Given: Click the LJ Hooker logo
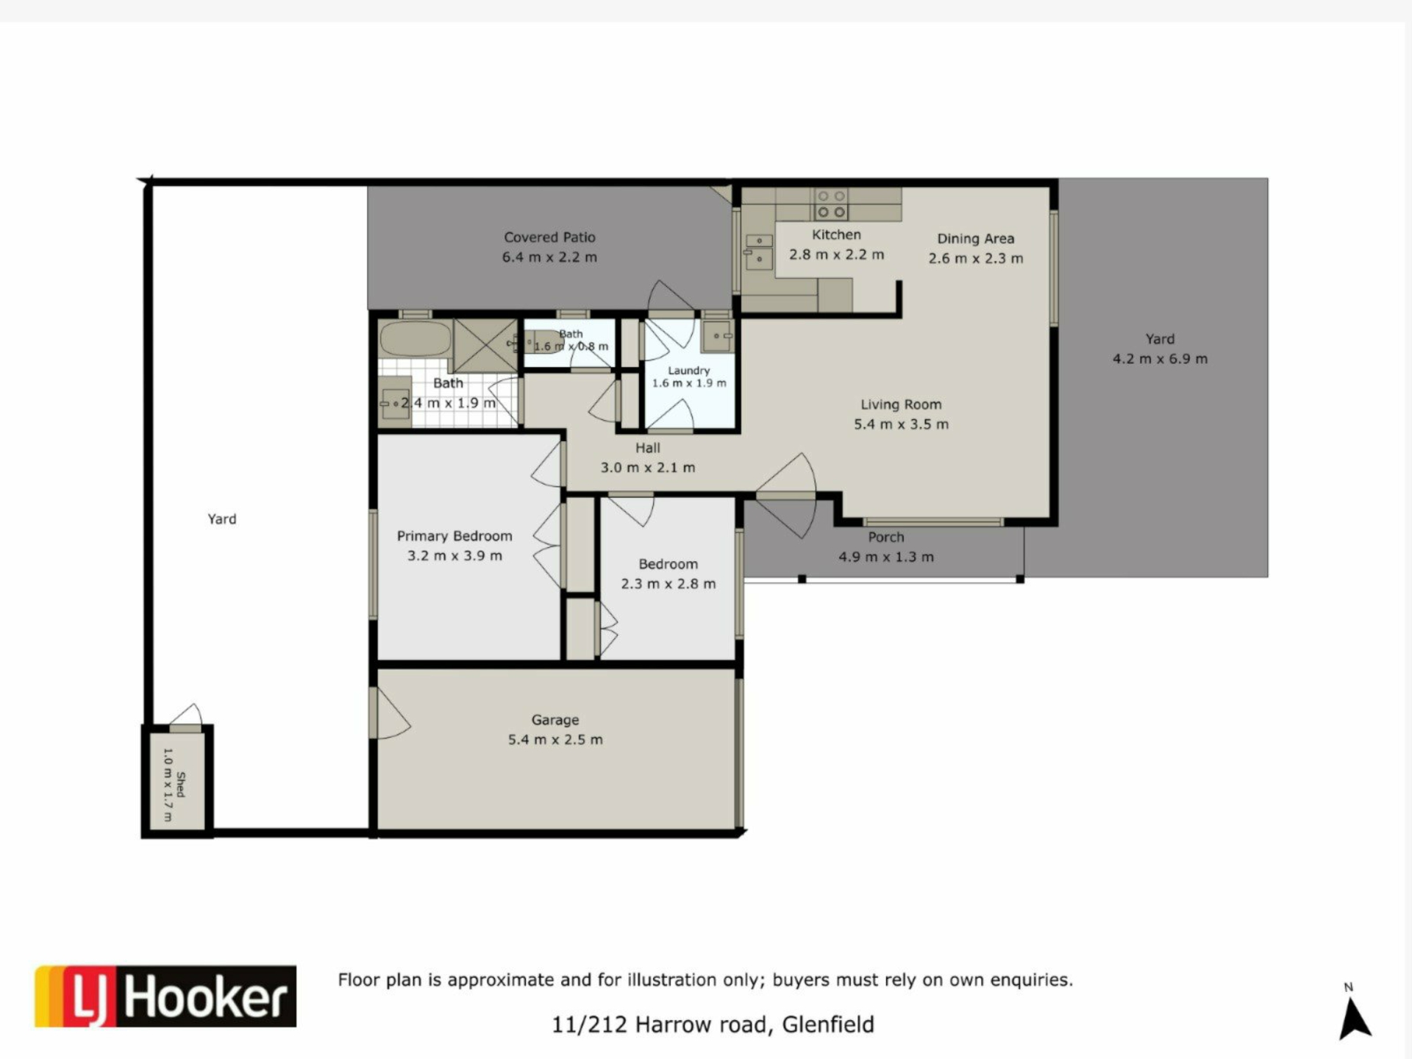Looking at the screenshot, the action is pos(165,996).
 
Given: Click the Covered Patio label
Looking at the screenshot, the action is pos(549,238).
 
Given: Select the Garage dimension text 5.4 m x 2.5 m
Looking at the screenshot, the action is pos(555,740).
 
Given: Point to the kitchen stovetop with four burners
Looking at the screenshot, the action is pos(831,204).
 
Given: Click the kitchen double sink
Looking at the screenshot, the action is pos(759,250).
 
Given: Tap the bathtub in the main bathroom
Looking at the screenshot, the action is pos(416,339).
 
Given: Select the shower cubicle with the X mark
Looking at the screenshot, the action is pos(485,346).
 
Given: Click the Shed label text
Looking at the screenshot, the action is pos(181,784).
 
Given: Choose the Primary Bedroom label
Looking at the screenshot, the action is pos(454,536).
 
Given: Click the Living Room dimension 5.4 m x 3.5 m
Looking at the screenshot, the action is pos(901,424).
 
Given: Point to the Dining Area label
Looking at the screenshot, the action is pos(975,238).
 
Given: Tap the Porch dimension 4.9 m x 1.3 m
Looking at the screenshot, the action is pos(886,557).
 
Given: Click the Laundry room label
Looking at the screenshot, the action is pos(689,371).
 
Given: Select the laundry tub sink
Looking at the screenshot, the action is pos(717,336).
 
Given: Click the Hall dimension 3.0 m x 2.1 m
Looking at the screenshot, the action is pos(648,468).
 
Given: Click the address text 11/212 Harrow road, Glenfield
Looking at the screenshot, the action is pos(713,1024).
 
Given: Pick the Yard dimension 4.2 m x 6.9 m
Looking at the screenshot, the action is pos(1160,359).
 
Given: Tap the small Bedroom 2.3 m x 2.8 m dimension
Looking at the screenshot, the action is pos(668,584).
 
